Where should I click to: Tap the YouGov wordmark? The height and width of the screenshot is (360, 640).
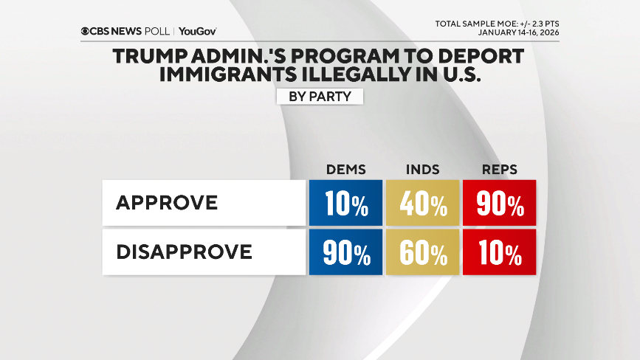(198, 32)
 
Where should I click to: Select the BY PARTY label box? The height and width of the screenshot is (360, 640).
(319, 96)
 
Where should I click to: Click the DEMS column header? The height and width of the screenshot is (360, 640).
(345, 170)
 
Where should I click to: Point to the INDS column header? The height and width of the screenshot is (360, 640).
(422, 170)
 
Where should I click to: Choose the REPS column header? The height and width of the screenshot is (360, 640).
(499, 170)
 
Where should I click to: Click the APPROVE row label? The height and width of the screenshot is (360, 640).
(167, 202)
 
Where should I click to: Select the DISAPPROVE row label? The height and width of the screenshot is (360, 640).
(184, 252)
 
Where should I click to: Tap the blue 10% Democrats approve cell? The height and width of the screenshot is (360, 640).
(345, 203)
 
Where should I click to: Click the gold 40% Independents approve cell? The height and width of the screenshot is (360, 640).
(422, 203)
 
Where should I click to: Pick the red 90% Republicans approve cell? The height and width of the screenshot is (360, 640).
(499, 203)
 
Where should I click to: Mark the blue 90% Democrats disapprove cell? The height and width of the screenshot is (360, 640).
(345, 252)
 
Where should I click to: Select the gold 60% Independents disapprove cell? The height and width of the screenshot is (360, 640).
(422, 252)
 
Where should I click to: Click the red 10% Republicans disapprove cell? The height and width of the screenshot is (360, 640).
(499, 252)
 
